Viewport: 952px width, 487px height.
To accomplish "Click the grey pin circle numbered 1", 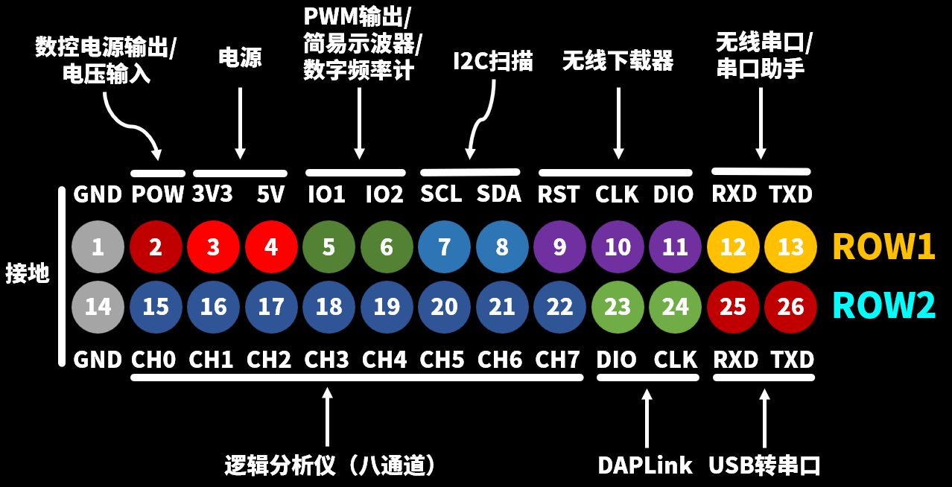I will click(98, 247).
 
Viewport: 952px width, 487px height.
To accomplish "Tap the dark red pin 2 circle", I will click(156, 247).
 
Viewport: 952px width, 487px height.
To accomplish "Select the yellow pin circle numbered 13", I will click(790, 247).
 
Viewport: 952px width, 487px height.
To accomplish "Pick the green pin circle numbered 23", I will click(618, 307).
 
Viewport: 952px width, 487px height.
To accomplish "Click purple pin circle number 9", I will click(559, 247).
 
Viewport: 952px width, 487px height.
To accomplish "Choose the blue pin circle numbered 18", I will click(329, 307).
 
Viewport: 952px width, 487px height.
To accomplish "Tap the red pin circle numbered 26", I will click(790, 307).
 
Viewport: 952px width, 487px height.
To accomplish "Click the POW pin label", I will click(157, 195).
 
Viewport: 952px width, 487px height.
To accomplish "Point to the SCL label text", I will click(441, 194).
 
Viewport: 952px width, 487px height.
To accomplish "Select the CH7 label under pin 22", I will click(557, 360).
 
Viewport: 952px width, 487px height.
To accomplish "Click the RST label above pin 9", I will click(558, 195).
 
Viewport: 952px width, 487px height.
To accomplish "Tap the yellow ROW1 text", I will click(883, 246).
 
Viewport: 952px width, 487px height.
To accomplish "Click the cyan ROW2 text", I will click(883, 306).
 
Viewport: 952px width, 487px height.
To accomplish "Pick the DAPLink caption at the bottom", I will click(645, 465).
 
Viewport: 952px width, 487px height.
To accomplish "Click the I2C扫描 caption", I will click(492, 61).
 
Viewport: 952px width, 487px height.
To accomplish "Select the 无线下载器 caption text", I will click(618, 61).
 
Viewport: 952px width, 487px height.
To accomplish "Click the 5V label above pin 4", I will click(270, 195).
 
